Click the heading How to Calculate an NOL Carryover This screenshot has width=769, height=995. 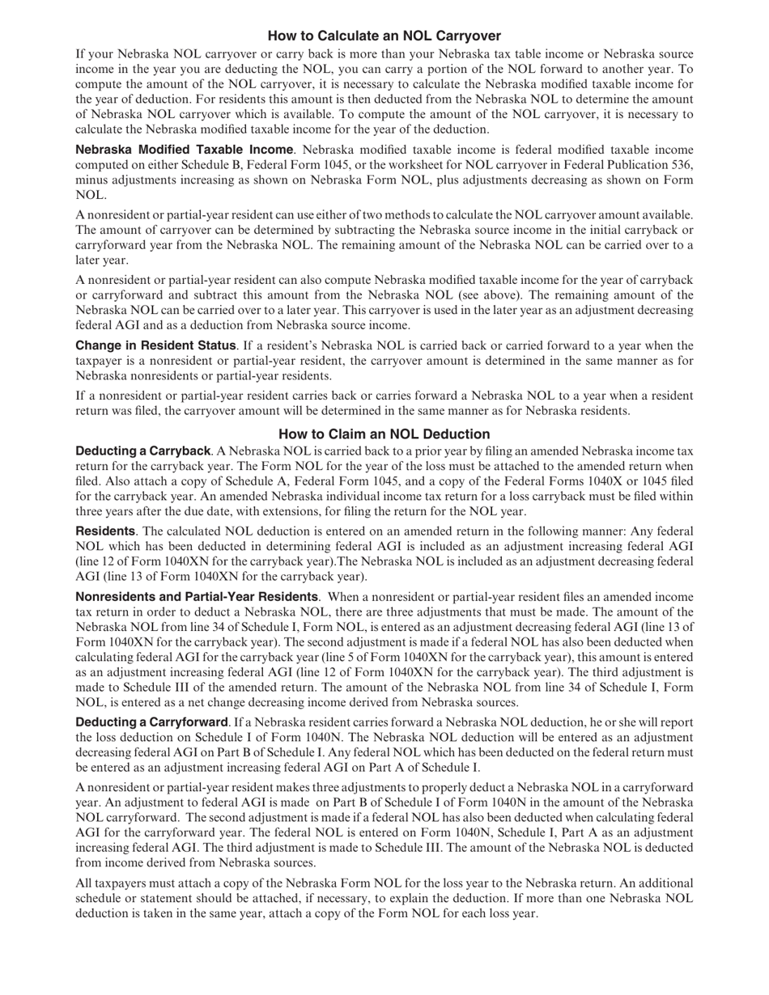coord(384,36)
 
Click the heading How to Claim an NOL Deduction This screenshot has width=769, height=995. coord(384,434)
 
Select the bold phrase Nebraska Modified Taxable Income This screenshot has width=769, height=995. coord(184,150)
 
